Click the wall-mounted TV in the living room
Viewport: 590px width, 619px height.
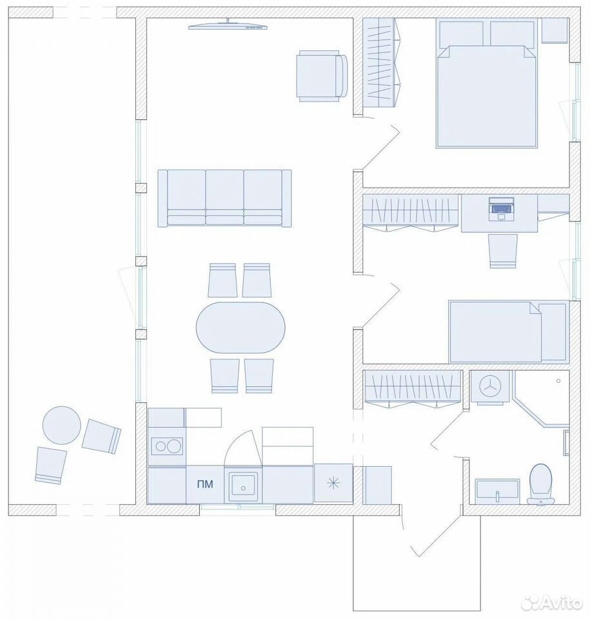click(x=228, y=26)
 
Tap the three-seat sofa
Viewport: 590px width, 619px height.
click(x=224, y=198)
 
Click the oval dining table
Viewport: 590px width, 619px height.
click(x=241, y=328)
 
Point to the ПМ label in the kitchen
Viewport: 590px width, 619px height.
click(x=205, y=484)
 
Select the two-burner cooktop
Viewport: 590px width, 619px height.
click(x=168, y=446)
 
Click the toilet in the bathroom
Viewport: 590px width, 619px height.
click(x=540, y=484)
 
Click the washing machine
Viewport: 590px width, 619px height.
click(x=490, y=388)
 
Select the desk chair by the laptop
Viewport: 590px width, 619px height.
click(x=503, y=251)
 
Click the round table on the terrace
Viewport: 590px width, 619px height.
click(x=62, y=425)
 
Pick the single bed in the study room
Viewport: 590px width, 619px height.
click(x=509, y=331)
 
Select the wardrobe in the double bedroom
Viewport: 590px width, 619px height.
click(x=382, y=63)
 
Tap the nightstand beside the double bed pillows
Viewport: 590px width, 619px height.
click(x=555, y=30)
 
